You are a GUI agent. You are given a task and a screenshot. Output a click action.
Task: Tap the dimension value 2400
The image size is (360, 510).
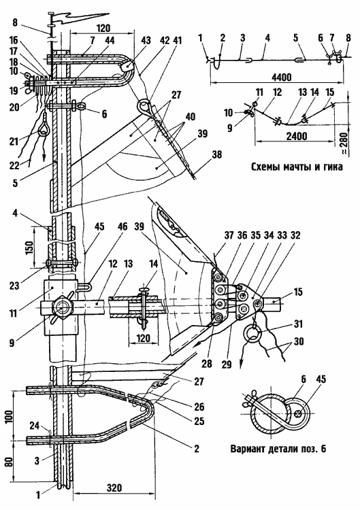coord(297,135)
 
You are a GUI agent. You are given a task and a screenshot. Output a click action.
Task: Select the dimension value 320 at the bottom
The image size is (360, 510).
coord(114,488)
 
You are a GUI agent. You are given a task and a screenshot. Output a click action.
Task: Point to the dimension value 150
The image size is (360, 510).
coord(30,248)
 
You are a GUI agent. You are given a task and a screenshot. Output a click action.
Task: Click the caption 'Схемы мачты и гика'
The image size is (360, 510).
coord(297,167)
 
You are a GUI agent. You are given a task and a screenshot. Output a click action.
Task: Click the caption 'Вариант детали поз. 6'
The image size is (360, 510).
coord(278,449)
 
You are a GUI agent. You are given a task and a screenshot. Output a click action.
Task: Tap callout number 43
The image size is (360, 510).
coord(146,41)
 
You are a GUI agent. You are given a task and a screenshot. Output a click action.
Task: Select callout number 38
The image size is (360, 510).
coord(216,154)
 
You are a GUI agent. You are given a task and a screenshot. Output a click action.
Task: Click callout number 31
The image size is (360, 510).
coord(298,324)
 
